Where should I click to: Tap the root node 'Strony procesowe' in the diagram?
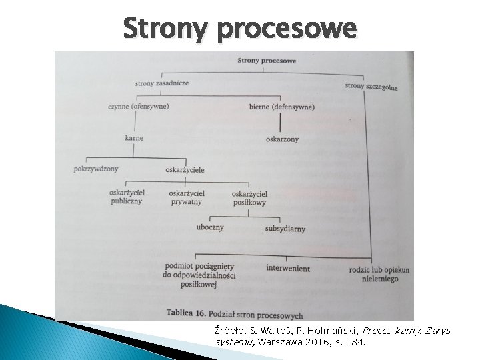(x=267, y=61)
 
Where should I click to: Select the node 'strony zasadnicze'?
(x=161, y=83)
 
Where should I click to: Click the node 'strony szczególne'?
(x=371, y=86)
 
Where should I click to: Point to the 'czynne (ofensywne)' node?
(x=138, y=105)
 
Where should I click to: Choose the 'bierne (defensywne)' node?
(x=282, y=107)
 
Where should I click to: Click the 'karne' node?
(x=134, y=138)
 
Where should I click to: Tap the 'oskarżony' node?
(x=282, y=139)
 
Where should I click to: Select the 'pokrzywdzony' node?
(x=96, y=168)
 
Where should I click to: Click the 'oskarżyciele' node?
(x=185, y=169)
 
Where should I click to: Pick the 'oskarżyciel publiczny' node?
(x=126, y=197)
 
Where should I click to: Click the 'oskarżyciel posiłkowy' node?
(x=249, y=197)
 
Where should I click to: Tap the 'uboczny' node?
(x=210, y=227)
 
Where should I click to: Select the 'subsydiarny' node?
(x=285, y=229)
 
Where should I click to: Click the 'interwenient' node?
(x=288, y=268)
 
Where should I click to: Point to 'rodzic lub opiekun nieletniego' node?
(x=379, y=274)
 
